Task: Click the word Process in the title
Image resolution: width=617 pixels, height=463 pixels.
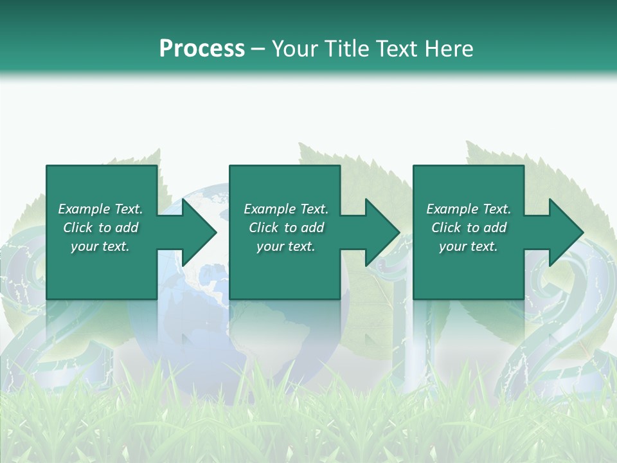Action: (202, 49)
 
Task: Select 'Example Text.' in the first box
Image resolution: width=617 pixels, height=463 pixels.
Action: (100, 209)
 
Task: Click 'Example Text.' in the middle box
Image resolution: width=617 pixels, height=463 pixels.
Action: (286, 209)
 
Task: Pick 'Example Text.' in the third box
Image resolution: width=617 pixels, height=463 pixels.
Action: (469, 209)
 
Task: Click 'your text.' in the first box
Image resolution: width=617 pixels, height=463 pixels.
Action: (100, 246)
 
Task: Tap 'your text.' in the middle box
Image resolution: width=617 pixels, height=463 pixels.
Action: (286, 246)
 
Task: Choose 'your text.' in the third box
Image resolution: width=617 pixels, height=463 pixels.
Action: (469, 246)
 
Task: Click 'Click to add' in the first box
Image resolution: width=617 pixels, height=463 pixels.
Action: (100, 228)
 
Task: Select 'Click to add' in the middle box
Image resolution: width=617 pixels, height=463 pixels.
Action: (286, 228)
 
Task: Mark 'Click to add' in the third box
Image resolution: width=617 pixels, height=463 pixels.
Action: (469, 228)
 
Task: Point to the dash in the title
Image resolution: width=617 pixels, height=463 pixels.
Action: (258, 49)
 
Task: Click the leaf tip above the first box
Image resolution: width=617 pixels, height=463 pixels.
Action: (157, 152)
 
